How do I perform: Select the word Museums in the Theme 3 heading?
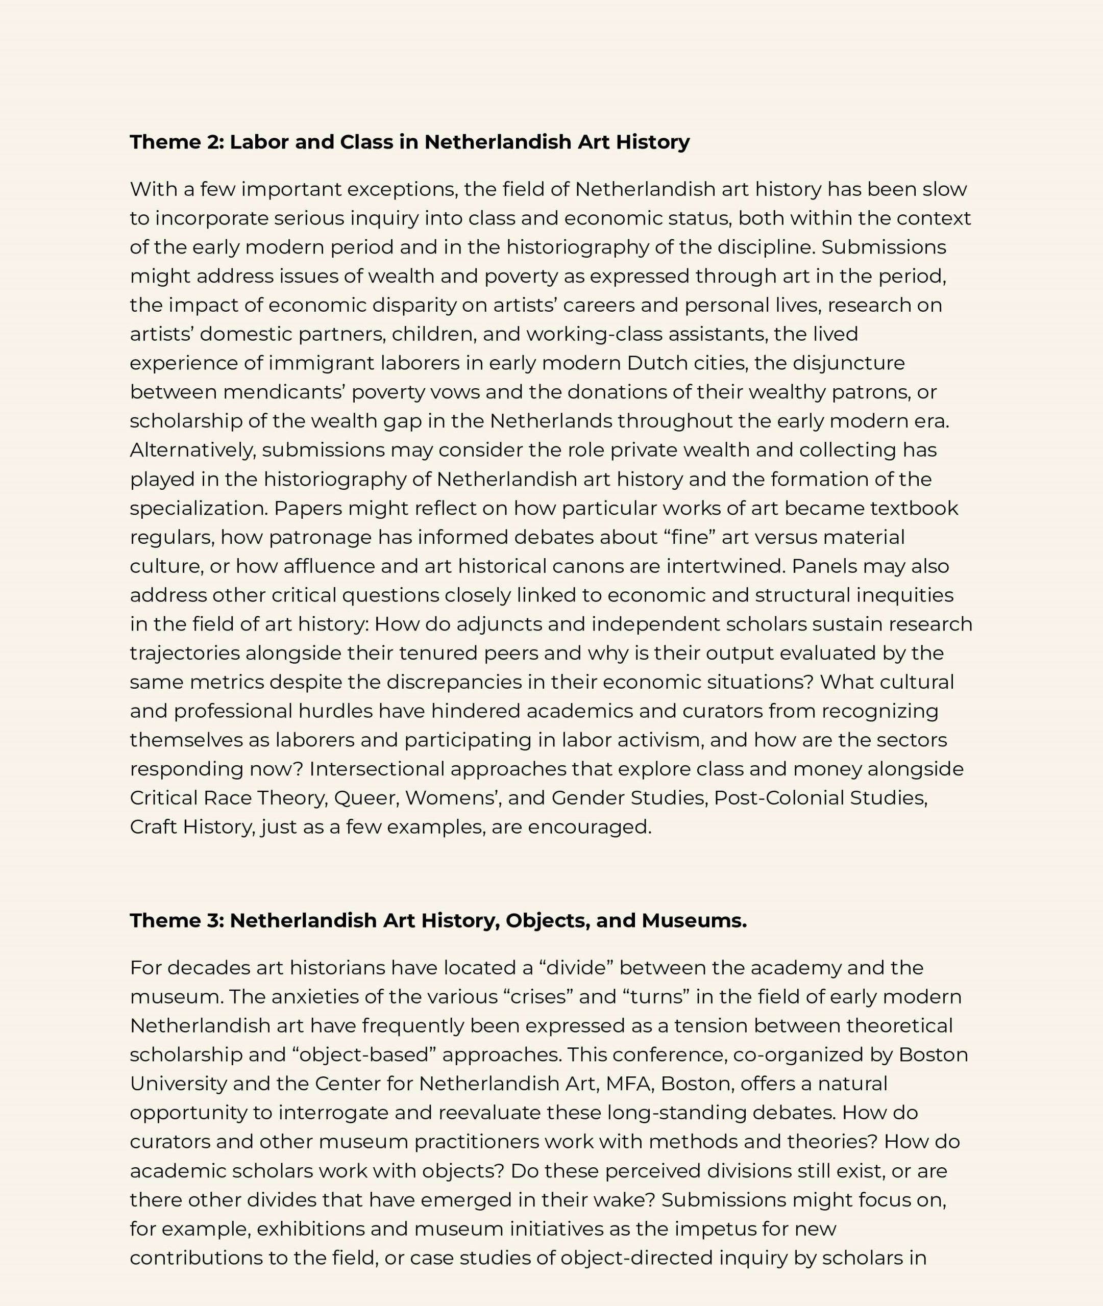pos(694,920)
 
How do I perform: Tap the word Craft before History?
pos(153,827)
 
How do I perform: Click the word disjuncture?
pos(848,363)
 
